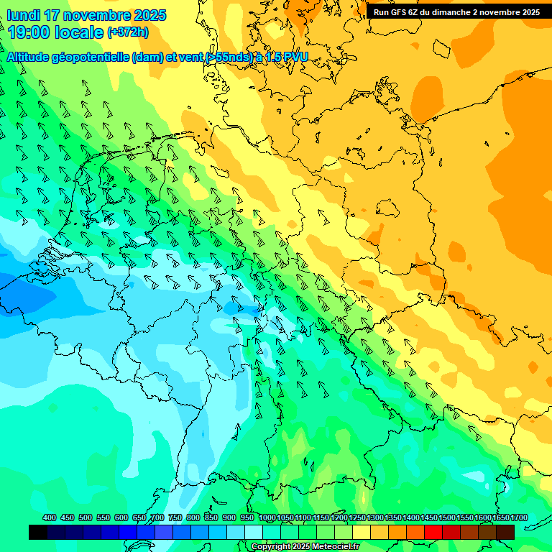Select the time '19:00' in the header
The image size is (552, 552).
point(28,32)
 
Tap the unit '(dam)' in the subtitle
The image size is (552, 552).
point(148,57)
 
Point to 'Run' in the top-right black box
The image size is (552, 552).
point(381,12)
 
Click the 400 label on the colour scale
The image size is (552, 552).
point(50,517)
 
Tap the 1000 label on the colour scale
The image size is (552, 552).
point(267,517)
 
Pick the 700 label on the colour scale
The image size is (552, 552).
point(157,517)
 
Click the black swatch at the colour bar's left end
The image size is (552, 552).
point(38,532)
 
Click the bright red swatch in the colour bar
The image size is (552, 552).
point(433,532)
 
